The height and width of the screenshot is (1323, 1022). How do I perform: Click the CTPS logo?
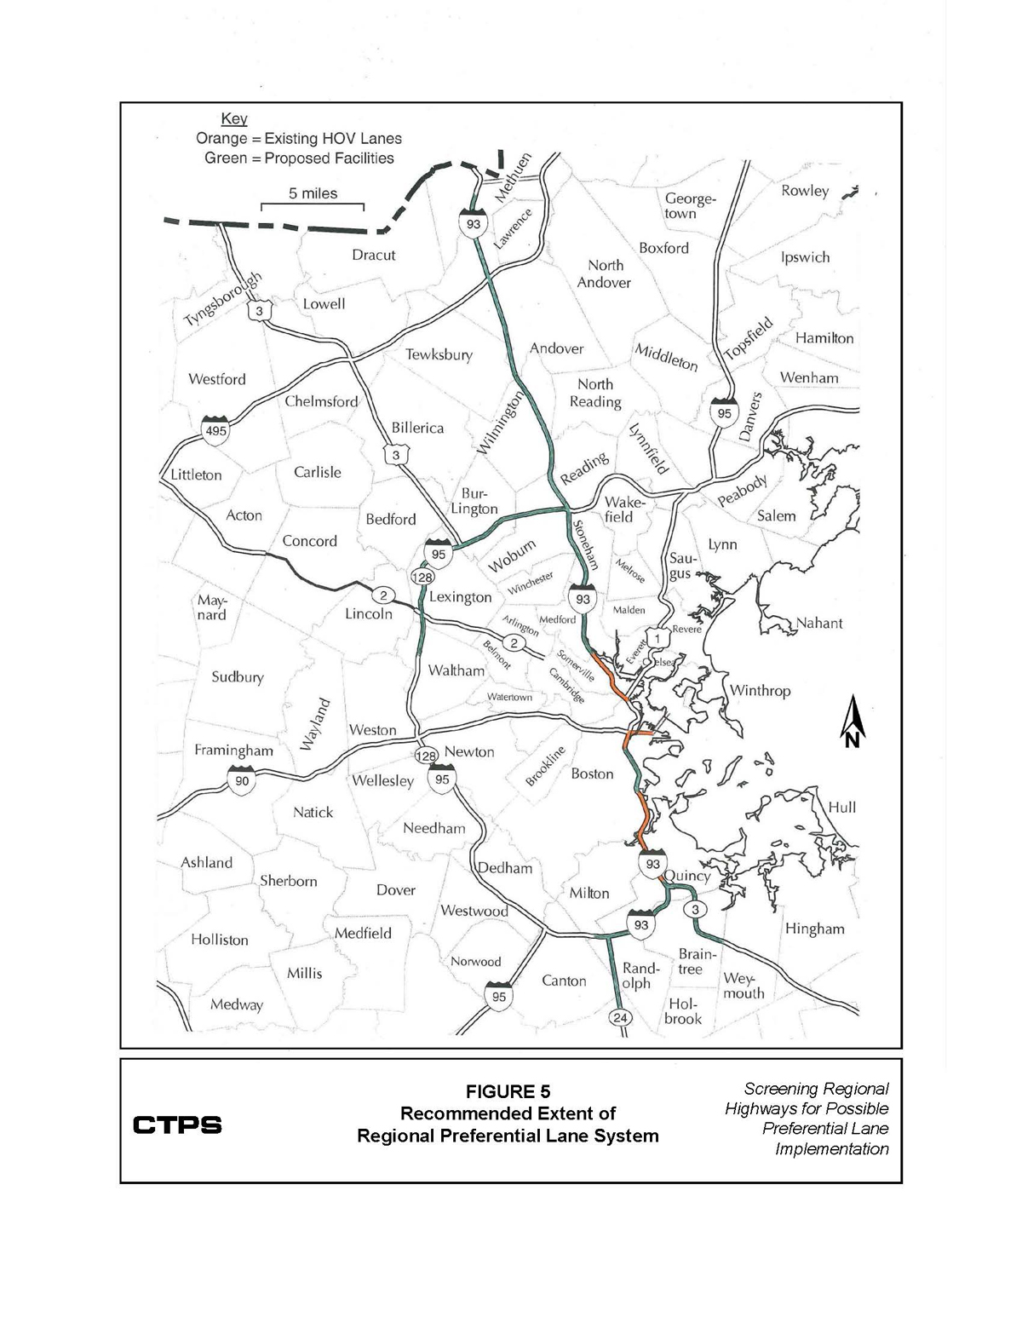pos(177,1125)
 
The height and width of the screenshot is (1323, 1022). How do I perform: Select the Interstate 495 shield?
pos(215,429)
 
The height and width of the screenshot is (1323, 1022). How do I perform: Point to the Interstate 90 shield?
pos(241,779)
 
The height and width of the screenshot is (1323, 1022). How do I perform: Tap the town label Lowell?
pos(324,304)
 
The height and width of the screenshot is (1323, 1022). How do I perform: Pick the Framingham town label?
pos(233,751)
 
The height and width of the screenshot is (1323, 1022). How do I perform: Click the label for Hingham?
pos(814,929)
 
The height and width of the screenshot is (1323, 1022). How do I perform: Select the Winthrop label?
pos(760,691)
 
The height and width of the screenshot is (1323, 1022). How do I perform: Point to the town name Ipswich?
pos(805,257)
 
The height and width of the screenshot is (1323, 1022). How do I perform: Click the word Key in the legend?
pos(233,119)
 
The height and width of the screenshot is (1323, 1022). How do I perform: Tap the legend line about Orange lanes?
pos(299,138)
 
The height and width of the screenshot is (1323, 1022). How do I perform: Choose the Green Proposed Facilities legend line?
pos(299,158)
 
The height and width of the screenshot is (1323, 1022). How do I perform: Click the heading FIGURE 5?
pos(508,1092)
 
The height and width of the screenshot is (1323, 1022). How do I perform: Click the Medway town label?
pos(237,1004)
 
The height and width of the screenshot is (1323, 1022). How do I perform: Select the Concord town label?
pos(310,541)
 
